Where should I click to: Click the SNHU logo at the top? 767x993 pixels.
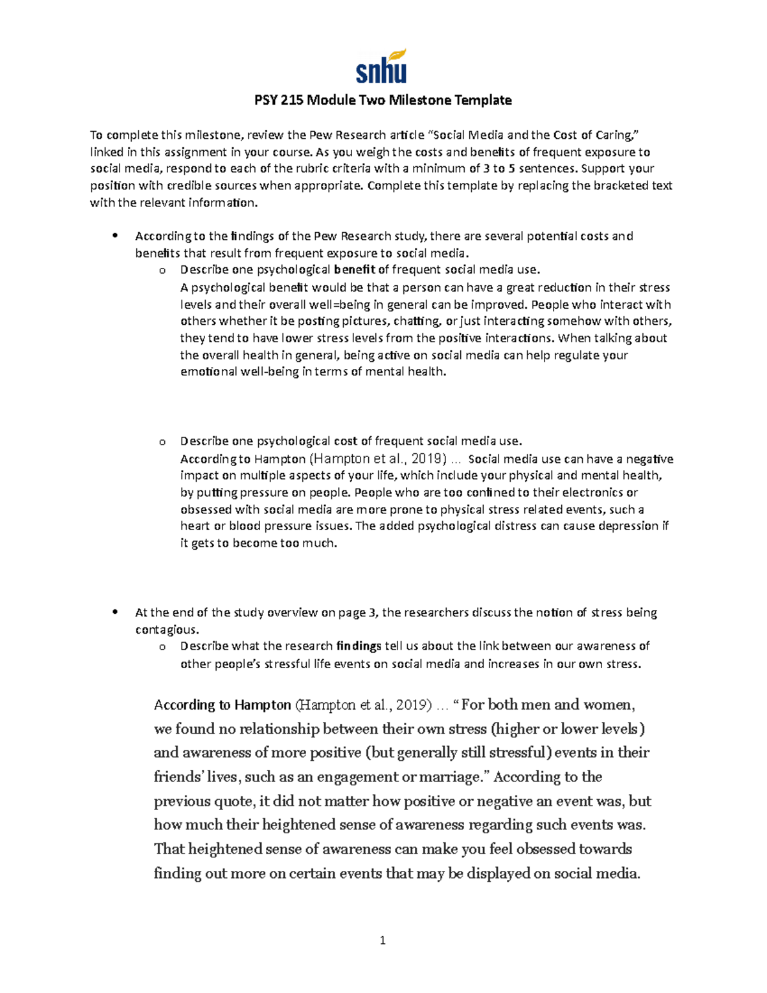381,68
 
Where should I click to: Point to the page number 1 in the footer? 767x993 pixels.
382,940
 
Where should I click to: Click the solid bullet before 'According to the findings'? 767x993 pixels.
115,235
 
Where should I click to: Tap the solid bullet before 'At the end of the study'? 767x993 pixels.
115,612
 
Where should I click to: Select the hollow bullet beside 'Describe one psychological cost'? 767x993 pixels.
162,441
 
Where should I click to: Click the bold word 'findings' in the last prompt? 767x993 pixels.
359,646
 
